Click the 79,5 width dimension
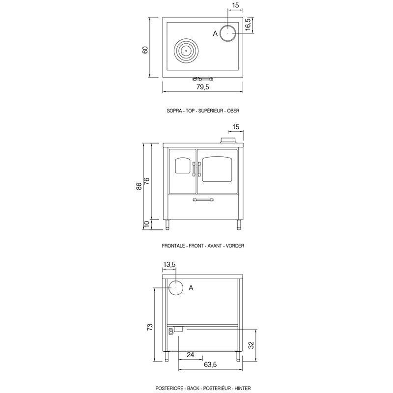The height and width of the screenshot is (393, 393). click(203, 87)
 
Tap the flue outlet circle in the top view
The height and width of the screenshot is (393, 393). click(228, 33)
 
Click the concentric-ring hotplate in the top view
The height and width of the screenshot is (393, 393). click(187, 50)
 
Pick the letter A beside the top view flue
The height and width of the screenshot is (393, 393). click(215, 33)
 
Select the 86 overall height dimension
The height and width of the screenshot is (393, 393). click(139, 186)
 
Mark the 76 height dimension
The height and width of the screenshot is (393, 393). click(146, 180)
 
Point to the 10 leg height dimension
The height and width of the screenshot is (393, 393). click(146, 225)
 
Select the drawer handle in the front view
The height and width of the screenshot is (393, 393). click(203, 200)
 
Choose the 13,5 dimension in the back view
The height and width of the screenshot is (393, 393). click(169, 265)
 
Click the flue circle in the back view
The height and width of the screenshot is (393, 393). click(176, 287)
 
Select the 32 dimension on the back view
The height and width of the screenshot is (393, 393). click(251, 345)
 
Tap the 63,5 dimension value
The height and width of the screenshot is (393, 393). click(210, 365)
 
